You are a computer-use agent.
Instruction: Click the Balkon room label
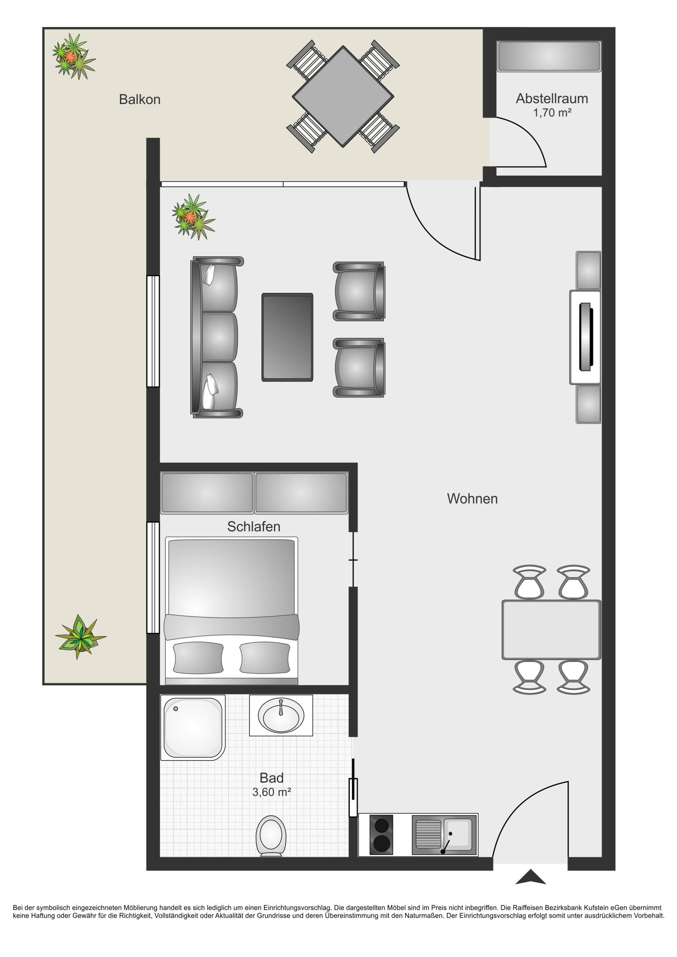(x=139, y=99)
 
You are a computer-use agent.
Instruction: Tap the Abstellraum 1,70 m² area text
(x=552, y=112)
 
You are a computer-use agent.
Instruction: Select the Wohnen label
(x=472, y=498)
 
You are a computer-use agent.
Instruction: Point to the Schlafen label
(x=254, y=526)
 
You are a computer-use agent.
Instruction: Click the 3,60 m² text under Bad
(x=271, y=792)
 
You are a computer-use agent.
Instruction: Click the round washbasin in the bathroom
(x=281, y=716)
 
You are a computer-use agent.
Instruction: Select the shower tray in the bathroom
(x=193, y=727)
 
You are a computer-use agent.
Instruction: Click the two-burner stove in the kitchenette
(x=381, y=834)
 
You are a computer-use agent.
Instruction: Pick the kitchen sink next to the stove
(x=445, y=834)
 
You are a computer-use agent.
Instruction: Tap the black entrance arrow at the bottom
(x=530, y=877)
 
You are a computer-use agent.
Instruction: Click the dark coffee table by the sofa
(x=287, y=337)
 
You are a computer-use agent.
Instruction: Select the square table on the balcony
(x=343, y=96)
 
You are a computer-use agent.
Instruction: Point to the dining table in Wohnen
(x=551, y=630)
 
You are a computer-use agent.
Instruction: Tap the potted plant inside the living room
(x=193, y=216)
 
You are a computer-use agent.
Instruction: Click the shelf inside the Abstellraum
(x=549, y=56)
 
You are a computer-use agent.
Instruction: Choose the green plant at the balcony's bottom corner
(x=80, y=637)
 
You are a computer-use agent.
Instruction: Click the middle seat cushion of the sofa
(x=219, y=337)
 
